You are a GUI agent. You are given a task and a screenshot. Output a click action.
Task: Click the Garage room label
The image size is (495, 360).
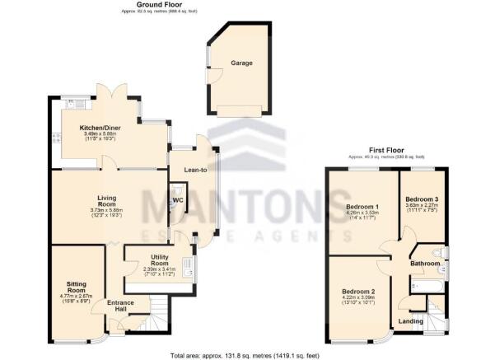[241, 63]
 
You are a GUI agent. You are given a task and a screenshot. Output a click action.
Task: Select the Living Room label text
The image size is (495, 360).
[107, 199]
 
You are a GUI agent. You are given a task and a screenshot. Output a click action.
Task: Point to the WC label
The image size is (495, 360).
[178, 200]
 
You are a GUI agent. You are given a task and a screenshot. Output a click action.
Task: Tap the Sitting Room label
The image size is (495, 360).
[77, 288]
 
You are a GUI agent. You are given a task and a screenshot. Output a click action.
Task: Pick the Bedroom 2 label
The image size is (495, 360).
[361, 292]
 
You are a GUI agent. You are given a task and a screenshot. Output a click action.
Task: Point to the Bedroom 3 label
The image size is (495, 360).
[423, 199]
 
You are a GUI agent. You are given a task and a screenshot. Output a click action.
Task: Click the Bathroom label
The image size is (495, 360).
[427, 263]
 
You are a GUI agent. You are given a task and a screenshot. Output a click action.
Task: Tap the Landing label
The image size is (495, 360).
[411, 320]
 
